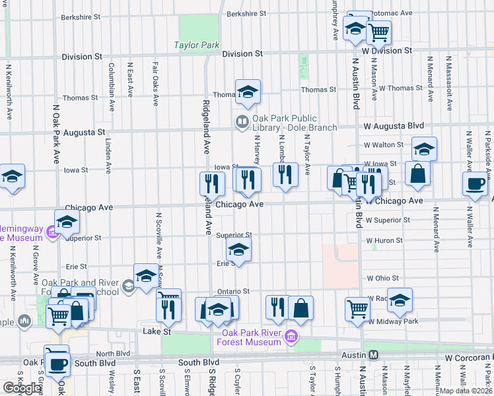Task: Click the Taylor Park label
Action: click(196, 46)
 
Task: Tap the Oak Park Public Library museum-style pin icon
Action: click(242, 121)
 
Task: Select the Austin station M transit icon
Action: click(374, 355)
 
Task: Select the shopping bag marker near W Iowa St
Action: click(418, 174)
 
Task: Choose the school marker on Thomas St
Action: click(248, 92)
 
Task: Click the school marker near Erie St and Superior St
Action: click(238, 249)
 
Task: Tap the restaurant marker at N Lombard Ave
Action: click(285, 175)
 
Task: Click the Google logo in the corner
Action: click(22, 388)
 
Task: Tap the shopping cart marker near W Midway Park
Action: click(357, 308)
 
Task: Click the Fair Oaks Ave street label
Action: click(155, 84)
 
